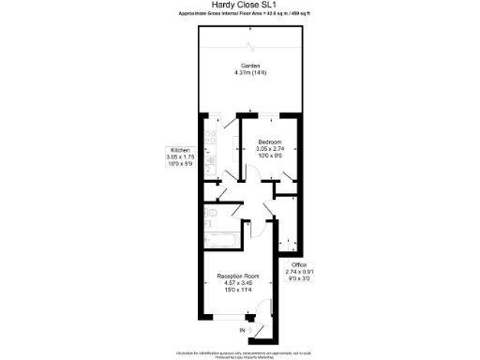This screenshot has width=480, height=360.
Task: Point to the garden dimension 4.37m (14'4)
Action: [x=249, y=73]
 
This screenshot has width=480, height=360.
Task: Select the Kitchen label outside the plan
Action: [x=180, y=150]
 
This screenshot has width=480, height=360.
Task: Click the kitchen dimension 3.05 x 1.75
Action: [x=180, y=157]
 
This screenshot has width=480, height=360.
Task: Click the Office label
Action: [x=299, y=265]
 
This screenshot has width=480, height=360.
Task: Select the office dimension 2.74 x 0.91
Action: [x=299, y=273]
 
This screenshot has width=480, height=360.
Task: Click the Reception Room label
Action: [x=238, y=277]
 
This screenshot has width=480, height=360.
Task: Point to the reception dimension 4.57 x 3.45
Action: [x=238, y=284]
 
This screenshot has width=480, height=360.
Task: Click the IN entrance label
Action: [x=242, y=331]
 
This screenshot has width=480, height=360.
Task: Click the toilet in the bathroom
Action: [x=211, y=215]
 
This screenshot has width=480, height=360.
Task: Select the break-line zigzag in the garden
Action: [x=249, y=46]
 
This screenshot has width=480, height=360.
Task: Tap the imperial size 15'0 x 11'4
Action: [x=238, y=292]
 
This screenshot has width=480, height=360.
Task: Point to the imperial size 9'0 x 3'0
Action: [x=299, y=279]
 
